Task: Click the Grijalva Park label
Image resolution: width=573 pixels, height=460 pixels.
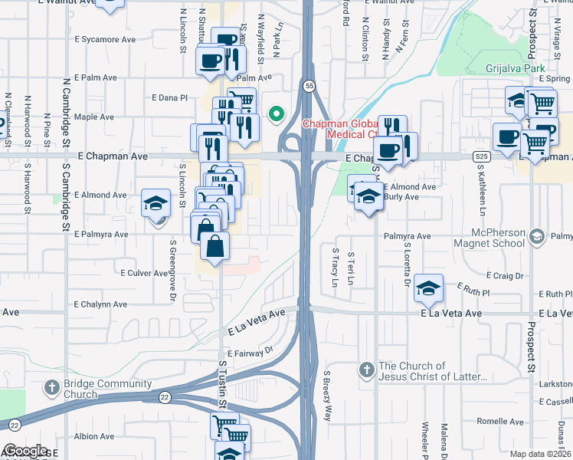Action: coord(515,68)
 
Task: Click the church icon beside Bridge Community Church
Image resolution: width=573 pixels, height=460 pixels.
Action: coord(52,386)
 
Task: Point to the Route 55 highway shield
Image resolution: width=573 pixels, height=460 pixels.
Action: coord(308,86)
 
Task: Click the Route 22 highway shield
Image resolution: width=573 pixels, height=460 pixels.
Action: coord(165,396)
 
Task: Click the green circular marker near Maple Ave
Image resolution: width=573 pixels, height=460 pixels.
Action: coord(276,116)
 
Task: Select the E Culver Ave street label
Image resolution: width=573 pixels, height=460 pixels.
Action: coord(144,272)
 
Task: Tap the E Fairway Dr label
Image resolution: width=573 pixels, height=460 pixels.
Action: coord(250,353)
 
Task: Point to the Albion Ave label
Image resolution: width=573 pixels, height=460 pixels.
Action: coord(94,436)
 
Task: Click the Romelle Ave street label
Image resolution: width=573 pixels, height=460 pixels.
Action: coord(500,422)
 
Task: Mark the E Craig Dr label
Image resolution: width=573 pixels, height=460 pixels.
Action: coord(505,275)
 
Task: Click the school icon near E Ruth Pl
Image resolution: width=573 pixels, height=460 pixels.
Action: coord(429,288)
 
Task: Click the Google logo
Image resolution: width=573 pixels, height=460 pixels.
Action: coord(26,450)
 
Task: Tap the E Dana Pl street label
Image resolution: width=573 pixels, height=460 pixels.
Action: coord(169,97)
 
